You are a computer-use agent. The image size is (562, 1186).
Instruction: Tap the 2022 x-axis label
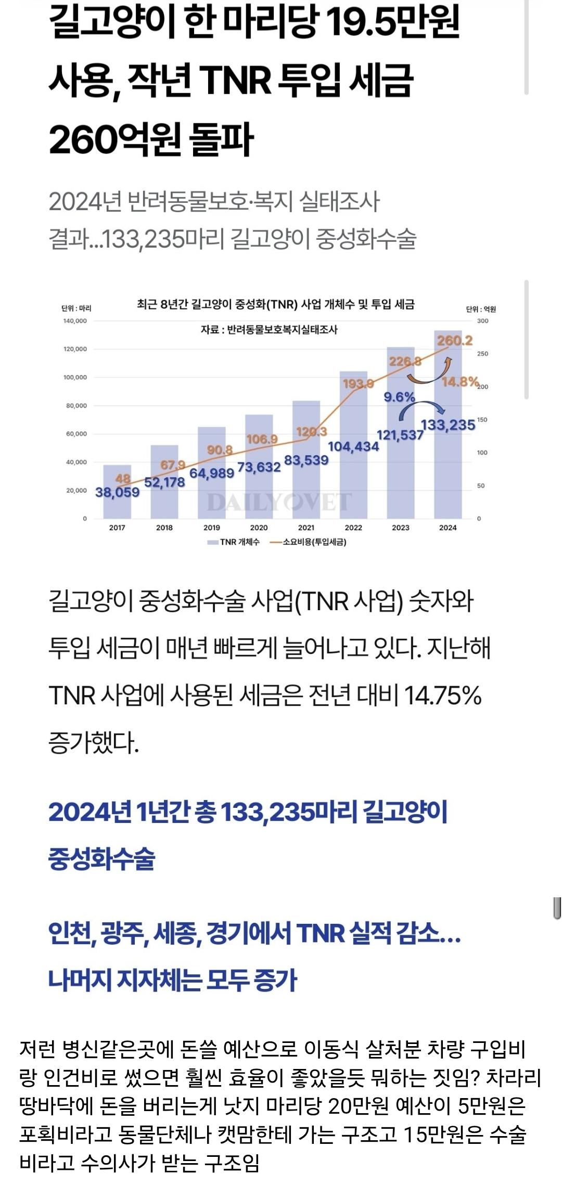pyautogui.click(x=353, y=527)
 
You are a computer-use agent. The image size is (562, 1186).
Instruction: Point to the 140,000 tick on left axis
pyautogui.click(x=75, y=321)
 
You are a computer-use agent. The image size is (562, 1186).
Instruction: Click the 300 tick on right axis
pyautogui.click(x=483, y=321)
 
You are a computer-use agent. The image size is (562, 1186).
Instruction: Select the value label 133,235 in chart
pyautogui.click(x=448, y=425)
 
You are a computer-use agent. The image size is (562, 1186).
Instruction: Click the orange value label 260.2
pyautogui.click(x=455, y=341)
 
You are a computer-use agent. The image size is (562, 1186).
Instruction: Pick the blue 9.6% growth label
pyautogui.click(x=399, y=397)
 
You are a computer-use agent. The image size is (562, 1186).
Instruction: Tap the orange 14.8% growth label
pyautogui.click(x=459, y=382)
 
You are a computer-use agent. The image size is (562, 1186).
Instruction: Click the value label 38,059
pyautogui.click(x=117, y=492)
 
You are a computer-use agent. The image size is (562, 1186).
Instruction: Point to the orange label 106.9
pyautogui.click(x=262, y=440)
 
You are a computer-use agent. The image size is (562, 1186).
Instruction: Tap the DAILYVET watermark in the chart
pyautogui.click(x=279, y=502)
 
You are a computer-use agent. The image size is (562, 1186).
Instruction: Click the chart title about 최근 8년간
pyautogui.click(x=275, y=304)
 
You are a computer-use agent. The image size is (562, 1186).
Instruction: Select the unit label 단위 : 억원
pyautogui.click(x=481, y=309)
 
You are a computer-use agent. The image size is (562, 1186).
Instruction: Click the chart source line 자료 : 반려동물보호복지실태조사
pyautogui.click(x=269, y=329)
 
